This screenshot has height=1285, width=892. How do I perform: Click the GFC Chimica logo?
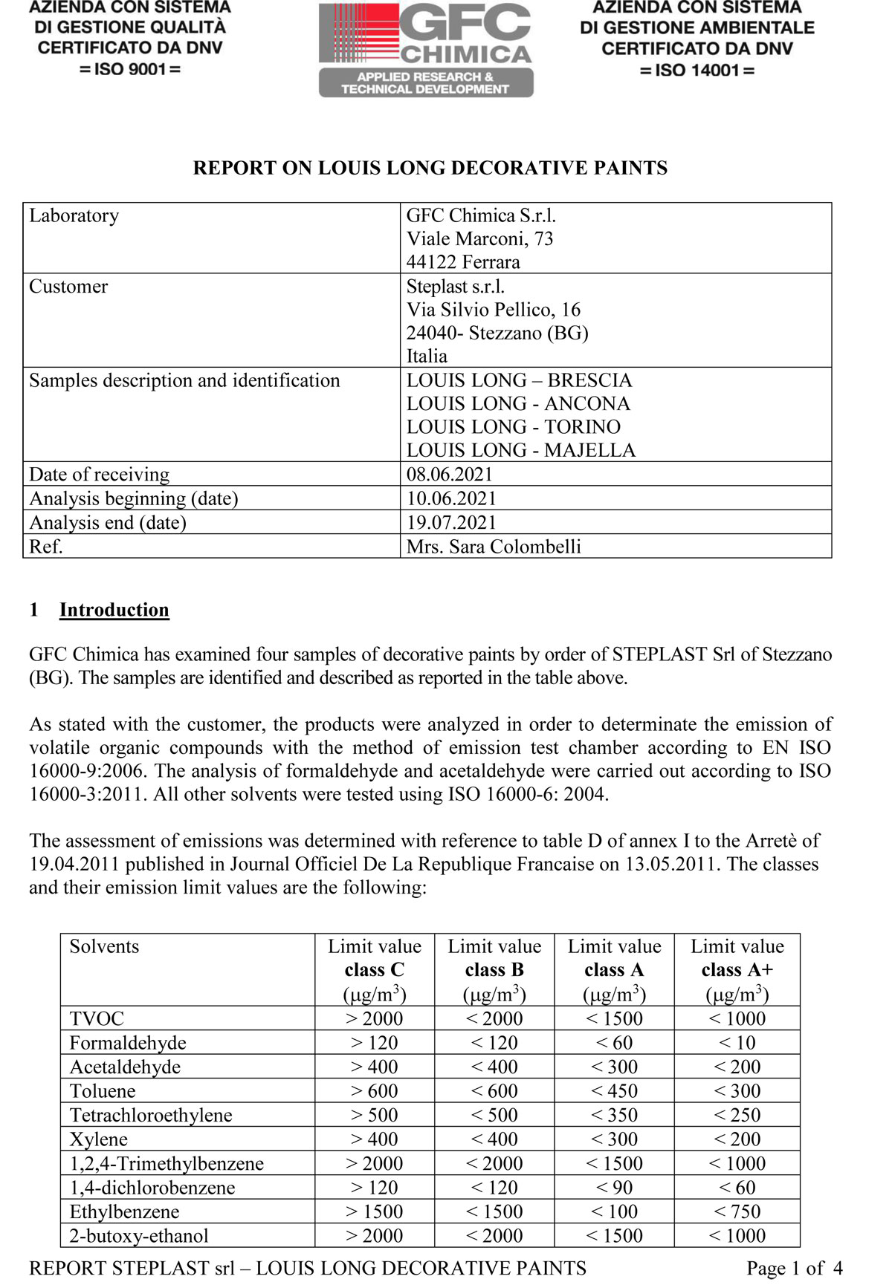(x=426, y=49)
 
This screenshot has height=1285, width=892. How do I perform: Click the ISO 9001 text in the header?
(x=130, y=69)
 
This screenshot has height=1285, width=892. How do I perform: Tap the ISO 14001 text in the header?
(x=697, y=71)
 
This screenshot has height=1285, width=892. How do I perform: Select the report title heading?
(x=430, y=168)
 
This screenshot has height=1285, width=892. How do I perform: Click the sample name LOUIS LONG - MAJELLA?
(x=520, y=450)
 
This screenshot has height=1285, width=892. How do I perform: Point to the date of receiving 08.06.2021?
(x=449, y=474)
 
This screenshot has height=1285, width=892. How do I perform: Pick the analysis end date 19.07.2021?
(x=450, y=522)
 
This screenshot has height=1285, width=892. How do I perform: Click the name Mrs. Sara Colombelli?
(x=494, y=547)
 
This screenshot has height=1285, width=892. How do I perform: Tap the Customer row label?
(x=68, y=287)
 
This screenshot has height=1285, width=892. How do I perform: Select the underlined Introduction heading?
(x=114, y=610)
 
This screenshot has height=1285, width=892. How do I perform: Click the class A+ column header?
(x=737, y=969)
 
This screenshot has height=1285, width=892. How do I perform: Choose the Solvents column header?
(x=104, y=946)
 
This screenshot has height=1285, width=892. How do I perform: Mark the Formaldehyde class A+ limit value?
(x=737, y=1043)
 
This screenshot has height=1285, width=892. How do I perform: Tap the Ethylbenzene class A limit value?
(x=614, y=1211)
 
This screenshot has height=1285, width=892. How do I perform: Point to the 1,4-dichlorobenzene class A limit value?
(x=614, y=1188)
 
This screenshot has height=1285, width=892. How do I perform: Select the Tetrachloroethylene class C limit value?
(x=375, y=1115)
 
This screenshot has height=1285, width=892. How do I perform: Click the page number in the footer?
(x=794, y=1268)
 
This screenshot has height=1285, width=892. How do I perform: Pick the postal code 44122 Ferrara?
(x=462, y=262)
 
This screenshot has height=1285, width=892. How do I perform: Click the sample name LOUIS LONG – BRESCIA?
(x=518, y=380)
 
